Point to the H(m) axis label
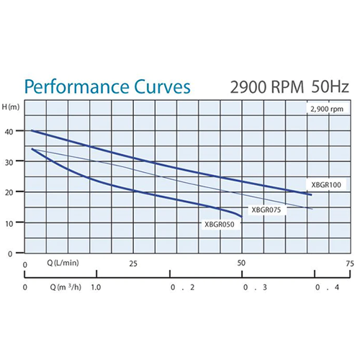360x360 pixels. [11, 106]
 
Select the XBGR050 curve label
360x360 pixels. [220, 224]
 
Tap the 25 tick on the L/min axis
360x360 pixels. [133, 264]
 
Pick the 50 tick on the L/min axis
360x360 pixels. [241, 264]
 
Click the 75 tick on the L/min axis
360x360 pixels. [349, 264]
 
